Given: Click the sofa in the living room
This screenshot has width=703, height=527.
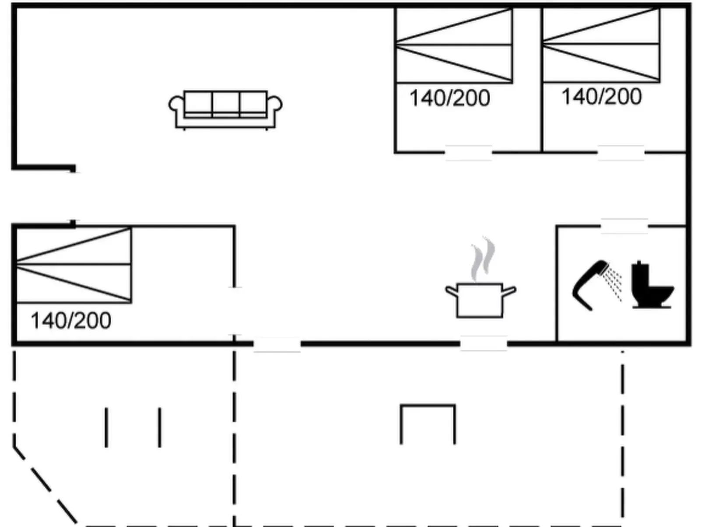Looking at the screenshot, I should coord(225,109).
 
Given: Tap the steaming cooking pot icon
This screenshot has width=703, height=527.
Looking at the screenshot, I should coord(480,300).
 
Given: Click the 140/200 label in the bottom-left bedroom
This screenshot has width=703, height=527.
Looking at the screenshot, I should coord(71,321).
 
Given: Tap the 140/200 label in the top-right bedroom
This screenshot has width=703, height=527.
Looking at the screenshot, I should coord(601,97).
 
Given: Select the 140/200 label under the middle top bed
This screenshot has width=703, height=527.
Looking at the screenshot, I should coord(450,98).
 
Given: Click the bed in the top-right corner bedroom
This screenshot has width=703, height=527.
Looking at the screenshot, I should coord(601,45).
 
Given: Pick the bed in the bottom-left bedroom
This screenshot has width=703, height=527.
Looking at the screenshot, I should coord(74,265).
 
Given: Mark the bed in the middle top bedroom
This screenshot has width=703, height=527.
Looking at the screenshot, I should coord(453,45).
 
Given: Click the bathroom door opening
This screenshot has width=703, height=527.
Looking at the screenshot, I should coord(624,226).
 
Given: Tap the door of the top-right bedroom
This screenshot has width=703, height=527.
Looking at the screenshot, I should coord(621,153).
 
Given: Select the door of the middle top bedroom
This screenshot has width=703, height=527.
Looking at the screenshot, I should coord(468,153).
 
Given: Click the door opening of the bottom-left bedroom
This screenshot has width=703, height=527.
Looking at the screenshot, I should coord(235,311).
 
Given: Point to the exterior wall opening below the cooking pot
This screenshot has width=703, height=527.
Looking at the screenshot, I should coord(483,344).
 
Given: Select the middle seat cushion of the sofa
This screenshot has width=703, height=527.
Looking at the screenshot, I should coord(225,103).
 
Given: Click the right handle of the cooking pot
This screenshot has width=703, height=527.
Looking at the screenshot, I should coord(509,291).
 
